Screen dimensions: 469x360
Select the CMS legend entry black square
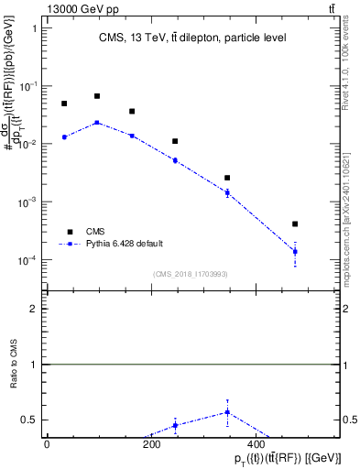[x=68, y=232]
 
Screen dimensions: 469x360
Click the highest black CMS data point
[x=97, y=95]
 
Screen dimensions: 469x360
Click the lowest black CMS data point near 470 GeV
[x=295, y=224]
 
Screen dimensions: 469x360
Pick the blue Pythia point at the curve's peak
[x=97, y=122]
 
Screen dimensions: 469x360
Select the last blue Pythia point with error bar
[x=295, y=251]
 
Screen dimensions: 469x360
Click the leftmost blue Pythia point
[x=64, y=136]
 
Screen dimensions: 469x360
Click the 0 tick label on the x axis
[x=47, y=443]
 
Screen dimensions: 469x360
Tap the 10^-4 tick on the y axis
[x=27, y=260]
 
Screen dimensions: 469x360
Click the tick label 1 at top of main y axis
[x=34, y=27]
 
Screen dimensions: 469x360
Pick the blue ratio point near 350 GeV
[x=226, y=412]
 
